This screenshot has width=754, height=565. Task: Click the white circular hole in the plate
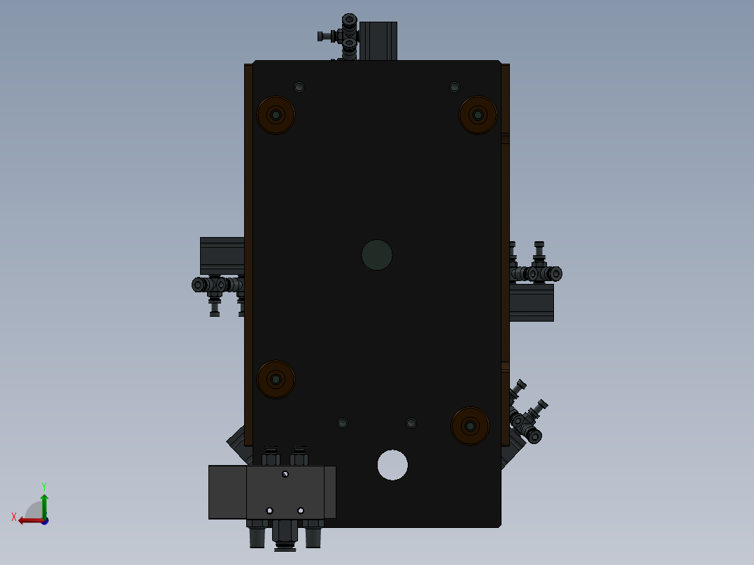click(x=392, y=465)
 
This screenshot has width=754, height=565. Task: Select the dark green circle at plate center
click(x=377, y=255)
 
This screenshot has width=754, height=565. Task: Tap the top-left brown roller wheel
click(x=276, y=115)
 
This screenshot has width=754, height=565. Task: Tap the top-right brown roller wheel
click(x=478, y=115)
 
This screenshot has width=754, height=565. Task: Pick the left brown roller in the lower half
click(x=276, y=380)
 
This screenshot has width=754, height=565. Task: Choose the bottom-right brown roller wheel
click(x=470, y=426)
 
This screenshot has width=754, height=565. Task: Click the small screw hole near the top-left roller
click(x=299, y=87)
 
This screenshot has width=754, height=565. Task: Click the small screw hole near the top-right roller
click(x=455, y=87)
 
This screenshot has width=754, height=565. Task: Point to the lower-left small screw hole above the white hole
click(x=343, y=423)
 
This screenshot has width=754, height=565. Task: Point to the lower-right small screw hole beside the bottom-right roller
click(x=411, y=423)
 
